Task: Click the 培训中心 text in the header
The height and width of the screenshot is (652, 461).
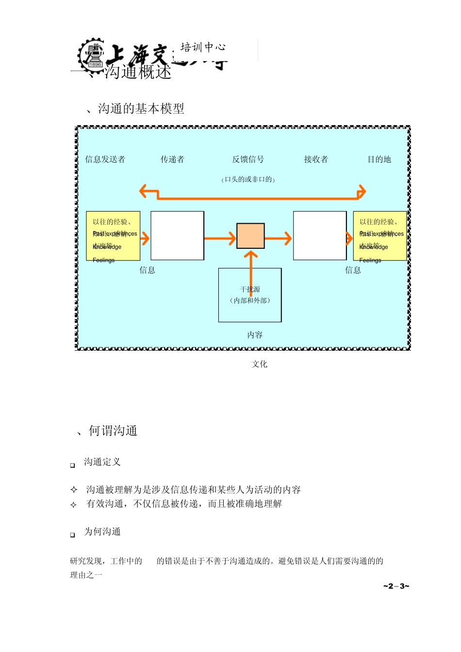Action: (x=203, y=47)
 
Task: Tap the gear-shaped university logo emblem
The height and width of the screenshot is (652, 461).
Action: (x=92, y=55)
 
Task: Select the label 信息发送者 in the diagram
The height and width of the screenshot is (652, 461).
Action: (x=105, y=160)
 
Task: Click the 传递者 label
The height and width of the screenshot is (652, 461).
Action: (x=172, y=160)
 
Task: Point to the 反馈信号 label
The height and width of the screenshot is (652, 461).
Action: (x=248, y=160)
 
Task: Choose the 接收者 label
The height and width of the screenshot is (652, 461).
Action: (x=316, y=160)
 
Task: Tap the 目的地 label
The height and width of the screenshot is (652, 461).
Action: (x=379, y=160)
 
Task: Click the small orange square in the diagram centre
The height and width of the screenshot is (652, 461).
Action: (x=250, y=236)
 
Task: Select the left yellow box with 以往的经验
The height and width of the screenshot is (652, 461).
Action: (x=113, y=236)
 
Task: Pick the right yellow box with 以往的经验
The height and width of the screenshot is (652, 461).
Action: (x=379, y=236)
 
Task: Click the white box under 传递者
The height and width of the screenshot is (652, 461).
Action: (x=177, y=236)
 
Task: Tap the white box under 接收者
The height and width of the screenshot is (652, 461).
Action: (x=320, y=236)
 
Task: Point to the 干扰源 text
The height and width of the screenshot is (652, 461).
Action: (x=250, y=290)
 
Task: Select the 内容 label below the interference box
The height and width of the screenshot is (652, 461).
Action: (x=255, y=335)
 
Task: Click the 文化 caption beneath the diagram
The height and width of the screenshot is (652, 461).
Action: (x=260, y=364)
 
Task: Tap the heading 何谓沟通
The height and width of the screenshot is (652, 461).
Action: (x=113, y=431)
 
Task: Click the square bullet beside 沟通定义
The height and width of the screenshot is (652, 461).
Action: (x=73, y=465)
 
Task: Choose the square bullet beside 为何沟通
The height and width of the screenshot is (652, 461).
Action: (x=73, y=535)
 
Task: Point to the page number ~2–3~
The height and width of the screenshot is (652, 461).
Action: (x=396, y=587)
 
